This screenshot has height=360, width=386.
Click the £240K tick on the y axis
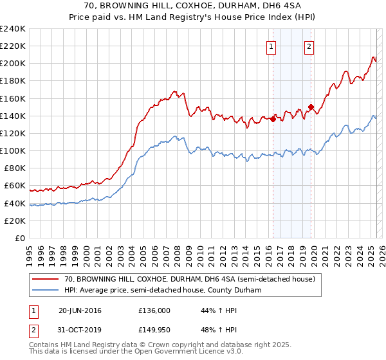point(12,29)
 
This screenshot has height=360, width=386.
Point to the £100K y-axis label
point(12,150)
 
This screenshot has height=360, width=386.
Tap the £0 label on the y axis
point(20,238)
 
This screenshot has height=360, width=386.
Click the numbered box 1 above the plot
point(271,46)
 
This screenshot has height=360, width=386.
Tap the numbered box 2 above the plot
point(309,46)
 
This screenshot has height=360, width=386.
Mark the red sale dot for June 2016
point(273,119)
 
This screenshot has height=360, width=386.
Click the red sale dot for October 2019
point(311,107)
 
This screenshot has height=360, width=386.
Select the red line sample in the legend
point(46,280)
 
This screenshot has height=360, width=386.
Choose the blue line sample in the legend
point(46,291)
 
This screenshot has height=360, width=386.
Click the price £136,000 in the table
point(154,310)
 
